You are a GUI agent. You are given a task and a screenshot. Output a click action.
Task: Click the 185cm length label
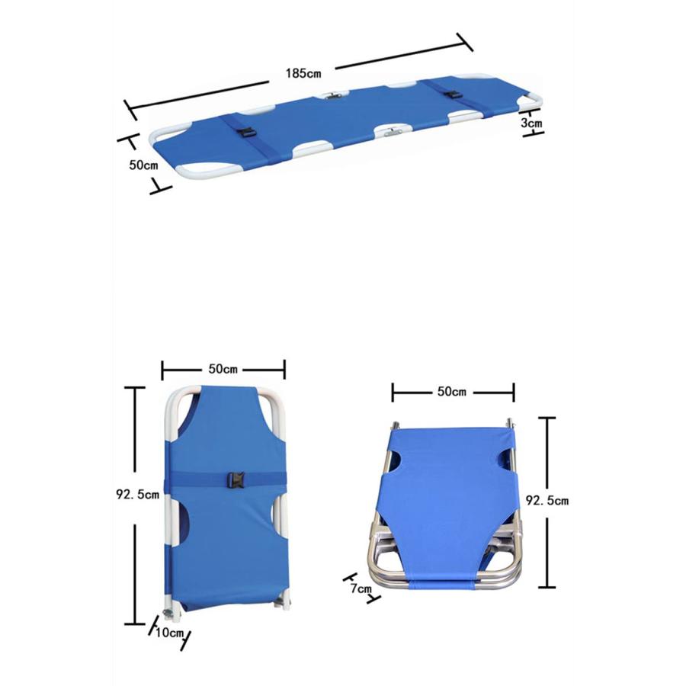[303, 73]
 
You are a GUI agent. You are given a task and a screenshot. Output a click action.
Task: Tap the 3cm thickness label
[531, 123]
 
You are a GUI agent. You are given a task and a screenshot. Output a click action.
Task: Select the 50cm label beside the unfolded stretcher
[143, 165]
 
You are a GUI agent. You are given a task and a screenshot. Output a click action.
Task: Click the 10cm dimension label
[169, 632]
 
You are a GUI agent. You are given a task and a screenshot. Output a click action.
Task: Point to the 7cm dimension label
[361, 588]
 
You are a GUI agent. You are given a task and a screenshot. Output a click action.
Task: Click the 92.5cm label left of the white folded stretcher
[137, 495]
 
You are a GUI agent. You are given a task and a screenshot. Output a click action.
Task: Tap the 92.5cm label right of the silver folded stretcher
[547, 500]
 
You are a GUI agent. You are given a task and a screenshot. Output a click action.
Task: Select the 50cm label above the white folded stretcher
[223, 369]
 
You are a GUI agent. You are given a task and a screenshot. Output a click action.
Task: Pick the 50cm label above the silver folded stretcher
[452, 391]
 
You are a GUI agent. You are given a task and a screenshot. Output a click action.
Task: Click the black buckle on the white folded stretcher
[235, 479]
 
